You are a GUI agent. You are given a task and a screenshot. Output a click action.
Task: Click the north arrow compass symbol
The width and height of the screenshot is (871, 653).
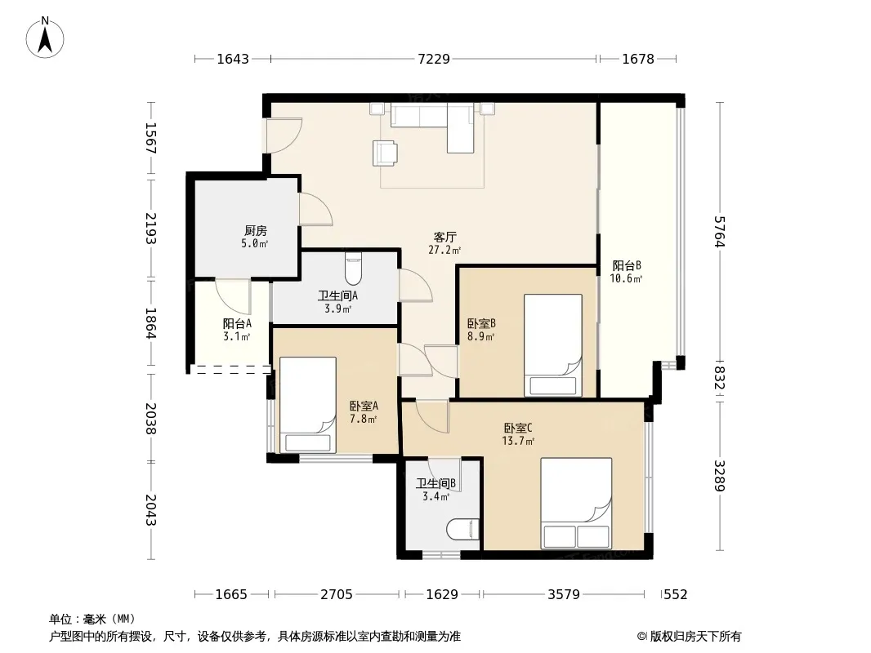[x=45, y=38]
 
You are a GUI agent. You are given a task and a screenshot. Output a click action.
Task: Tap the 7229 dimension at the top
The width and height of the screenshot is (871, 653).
[x=434, y=59]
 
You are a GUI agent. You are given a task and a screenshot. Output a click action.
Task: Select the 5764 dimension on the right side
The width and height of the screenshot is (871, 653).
[x=720, y=231]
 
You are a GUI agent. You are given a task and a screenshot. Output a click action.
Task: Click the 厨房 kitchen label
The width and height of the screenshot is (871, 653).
[x=256, y=230]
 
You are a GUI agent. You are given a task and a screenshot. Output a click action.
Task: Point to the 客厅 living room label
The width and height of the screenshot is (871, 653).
[x=445, y=237]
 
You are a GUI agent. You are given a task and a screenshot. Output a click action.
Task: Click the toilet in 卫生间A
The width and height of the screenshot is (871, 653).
[x=353, y=269]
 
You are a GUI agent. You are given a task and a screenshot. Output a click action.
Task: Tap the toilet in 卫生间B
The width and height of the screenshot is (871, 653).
[x=462, y=529]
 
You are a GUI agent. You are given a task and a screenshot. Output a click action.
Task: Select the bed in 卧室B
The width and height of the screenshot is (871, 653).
[x=552, y=345]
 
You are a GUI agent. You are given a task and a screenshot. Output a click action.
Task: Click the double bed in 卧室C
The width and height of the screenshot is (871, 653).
[x=576, y=503]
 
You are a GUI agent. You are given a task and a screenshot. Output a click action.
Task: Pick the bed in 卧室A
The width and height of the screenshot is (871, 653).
[x=308, y=405]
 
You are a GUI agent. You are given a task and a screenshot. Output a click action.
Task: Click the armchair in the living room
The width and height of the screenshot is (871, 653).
[x=385, y=153]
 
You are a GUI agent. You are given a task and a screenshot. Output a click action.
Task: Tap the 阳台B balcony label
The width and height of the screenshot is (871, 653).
[x=627, y=265]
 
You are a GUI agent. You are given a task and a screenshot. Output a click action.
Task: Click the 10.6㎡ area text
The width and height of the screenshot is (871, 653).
[x=626, y=278]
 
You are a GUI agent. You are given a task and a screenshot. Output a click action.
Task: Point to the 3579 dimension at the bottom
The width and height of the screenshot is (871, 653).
[x=564, y=595]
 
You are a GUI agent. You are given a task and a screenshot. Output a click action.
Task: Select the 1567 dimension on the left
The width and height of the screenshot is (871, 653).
[x=151, y=138]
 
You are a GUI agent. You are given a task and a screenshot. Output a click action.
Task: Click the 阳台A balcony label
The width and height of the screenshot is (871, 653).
[x=237, y=323]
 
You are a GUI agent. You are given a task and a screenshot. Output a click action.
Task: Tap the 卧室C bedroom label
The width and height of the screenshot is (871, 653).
[x=518, y=428]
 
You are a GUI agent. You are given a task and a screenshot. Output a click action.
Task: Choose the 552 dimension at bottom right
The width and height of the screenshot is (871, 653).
[x=676, y=595]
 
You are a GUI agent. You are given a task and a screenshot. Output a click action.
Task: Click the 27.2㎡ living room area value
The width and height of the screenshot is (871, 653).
[x=444, y=251]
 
